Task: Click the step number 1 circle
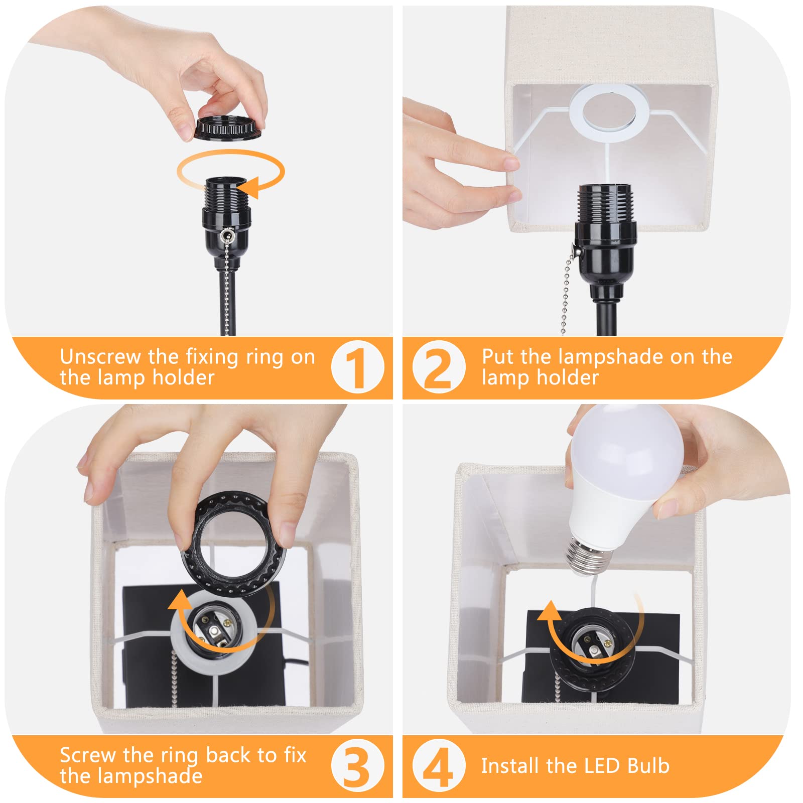pos(357,367)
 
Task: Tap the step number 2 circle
pos(438,367)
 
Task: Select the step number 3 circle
pos(357,766)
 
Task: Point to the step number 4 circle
pos(438,766)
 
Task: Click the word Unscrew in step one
pos(100,357)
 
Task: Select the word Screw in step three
pos(88,755)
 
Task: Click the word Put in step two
pos(498,357)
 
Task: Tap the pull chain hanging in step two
pos(566,291)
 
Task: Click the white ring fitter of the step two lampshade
pos(609,112)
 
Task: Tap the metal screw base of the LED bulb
pos(587,556)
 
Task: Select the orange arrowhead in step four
pos(550,611)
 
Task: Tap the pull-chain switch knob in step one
pos(228,234)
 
